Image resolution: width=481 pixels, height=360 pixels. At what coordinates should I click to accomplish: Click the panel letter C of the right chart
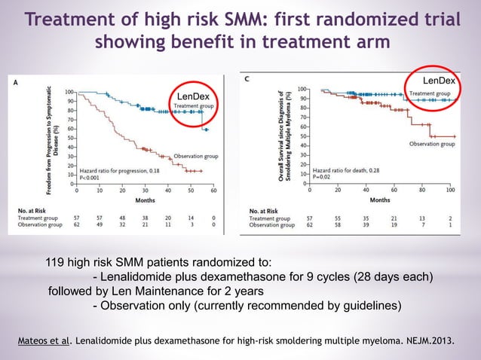(249, 78)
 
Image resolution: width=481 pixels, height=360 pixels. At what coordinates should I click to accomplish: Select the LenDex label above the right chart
(437, 79)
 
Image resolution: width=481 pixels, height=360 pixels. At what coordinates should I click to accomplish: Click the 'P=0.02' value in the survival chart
(324, 178)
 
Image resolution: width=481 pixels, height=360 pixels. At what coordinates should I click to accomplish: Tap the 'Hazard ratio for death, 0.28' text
(346, 171)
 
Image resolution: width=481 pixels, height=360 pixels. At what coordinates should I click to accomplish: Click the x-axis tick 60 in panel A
(214, 191)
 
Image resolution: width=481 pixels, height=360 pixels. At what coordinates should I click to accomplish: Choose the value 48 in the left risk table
(123, 216)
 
